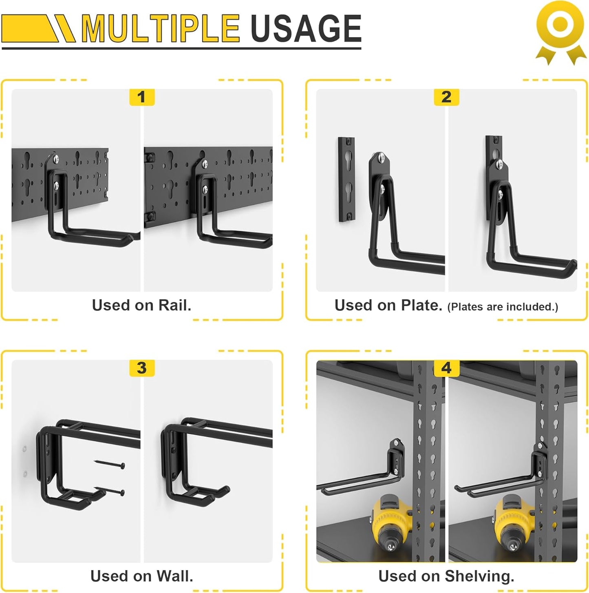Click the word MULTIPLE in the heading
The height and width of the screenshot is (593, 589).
[x=160, y=29]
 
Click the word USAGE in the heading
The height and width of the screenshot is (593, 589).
[x=306, y=29]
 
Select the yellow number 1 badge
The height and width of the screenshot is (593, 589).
[x=141, y=97]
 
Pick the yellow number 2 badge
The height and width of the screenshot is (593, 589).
[x=446, y=97]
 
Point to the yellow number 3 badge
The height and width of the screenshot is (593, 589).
[x=141, y=368]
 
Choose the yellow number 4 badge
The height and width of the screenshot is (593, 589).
[x=446, y=368]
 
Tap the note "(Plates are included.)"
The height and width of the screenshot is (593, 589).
[x=503, y=307]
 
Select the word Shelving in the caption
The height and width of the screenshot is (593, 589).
[x=479, y=576]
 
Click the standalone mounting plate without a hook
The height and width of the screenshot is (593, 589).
[x=346, y=179]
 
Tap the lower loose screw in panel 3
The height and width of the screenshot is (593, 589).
[x=109, y=490]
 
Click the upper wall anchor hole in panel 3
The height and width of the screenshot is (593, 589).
[x=25, y=449]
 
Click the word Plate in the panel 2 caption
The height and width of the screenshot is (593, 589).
[x=421, y=305]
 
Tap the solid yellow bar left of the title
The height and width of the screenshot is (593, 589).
[x=29, y=29]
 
